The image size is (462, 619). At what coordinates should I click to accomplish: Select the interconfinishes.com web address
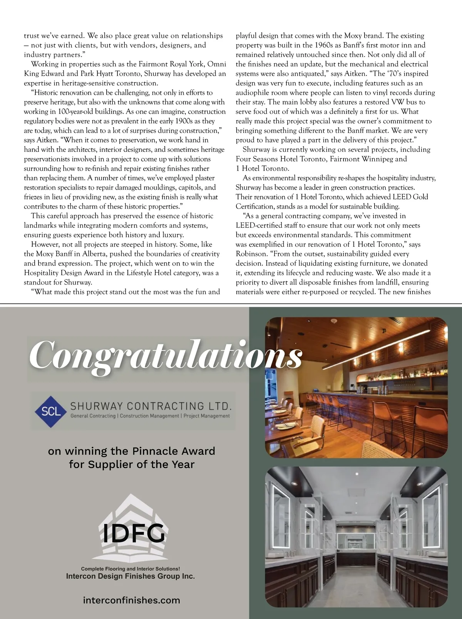pyautogui.click(x=131, y=600)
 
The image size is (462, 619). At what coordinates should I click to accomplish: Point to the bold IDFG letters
pyautogui.click(x=134, y=533)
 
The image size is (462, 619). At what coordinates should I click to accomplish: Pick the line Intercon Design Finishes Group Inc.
pyautogui.click(x=130, y=576)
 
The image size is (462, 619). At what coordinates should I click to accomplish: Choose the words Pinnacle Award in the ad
pyautogui.click(x=174, y=451)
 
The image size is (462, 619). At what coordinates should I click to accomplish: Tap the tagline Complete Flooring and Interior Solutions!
pyautogui.click(x=130, y=569)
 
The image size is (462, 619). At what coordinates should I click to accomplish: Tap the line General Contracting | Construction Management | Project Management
pyautogui.click(x=150, y=416)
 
